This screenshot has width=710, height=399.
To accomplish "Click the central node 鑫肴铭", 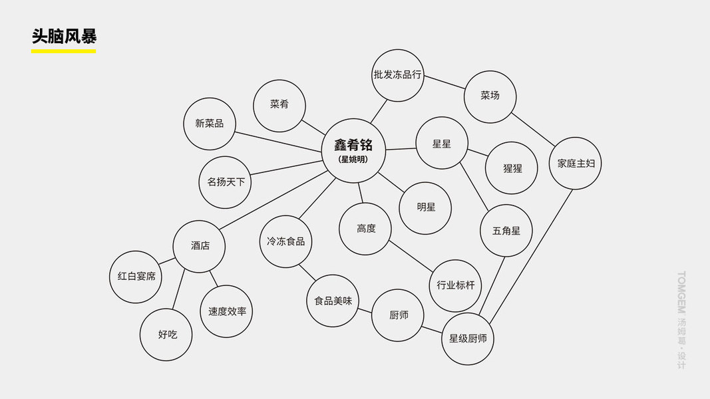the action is click(353, 150).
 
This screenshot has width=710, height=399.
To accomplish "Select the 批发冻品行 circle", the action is click(398, 75).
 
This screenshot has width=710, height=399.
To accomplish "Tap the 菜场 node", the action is click(490, 96).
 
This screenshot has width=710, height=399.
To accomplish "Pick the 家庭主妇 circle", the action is click(576, 164).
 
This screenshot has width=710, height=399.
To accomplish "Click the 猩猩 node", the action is click(512, 168).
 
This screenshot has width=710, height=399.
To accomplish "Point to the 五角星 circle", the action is click(506, 231).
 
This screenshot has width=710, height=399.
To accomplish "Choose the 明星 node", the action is click(426, 207).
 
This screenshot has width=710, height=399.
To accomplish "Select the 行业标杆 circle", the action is click(456, 285).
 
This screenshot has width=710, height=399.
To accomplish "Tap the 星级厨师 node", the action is click(468, 338).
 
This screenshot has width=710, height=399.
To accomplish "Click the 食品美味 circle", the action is click(333, 301).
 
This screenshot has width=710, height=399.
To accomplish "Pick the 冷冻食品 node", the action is click(286, 241).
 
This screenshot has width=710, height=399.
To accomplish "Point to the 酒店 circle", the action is click(200, 246).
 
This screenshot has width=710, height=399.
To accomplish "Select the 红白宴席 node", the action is click(136, 277).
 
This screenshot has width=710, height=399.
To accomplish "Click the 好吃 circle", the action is click(167, 334).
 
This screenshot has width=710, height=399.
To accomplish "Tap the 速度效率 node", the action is click(227, 311).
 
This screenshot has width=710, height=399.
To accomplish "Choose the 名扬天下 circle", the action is click(226, 182).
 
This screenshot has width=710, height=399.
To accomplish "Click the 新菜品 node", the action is click(210, 124).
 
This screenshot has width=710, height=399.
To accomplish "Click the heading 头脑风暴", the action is click(64, 36).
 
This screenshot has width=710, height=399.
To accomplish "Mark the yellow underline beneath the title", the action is click(64, 51).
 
